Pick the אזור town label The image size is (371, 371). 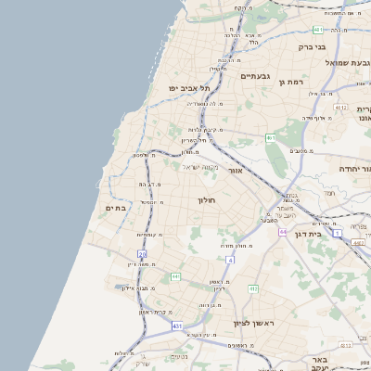click(236, 171)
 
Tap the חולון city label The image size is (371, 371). click(206, 199)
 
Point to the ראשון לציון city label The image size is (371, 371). click(249, 323)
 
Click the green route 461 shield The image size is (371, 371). click(271, 138)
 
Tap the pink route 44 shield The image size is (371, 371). click(282, 232)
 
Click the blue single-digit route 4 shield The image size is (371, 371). click(230, 260)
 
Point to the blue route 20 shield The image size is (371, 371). click(142, 253)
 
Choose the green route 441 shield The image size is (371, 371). click(175, 276)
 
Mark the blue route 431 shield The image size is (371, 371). click(177, 326)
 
